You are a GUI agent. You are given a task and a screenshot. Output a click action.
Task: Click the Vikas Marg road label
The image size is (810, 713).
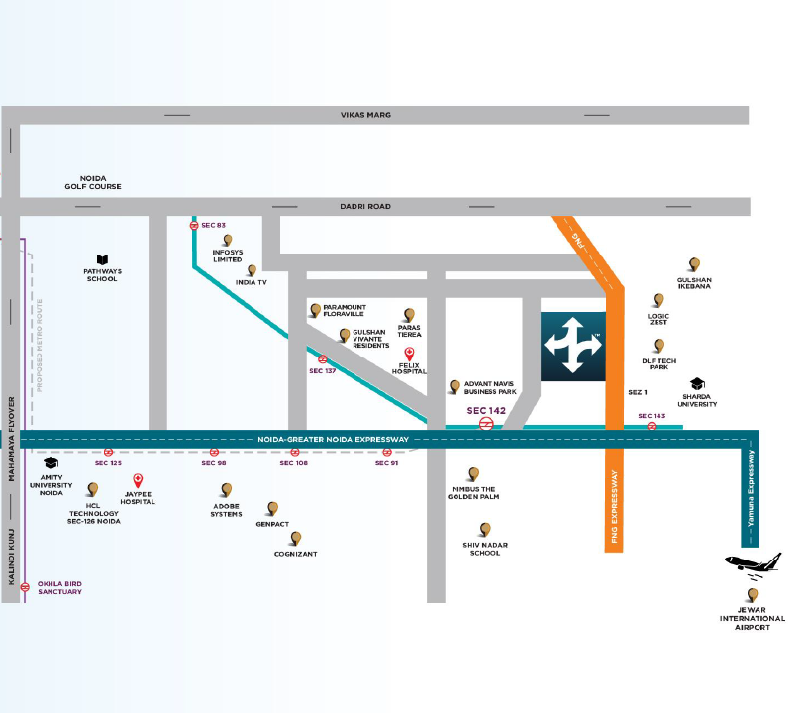tap(365, 115)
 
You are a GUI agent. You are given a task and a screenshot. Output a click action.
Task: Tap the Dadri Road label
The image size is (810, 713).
tap(365, 206)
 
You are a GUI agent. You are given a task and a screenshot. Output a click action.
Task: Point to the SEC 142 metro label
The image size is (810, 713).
tap(488, 410)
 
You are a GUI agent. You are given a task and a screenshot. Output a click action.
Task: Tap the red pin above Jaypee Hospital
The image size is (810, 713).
tap(139, 481)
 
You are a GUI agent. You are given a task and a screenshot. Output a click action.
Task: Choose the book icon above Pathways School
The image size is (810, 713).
tap(101, 258)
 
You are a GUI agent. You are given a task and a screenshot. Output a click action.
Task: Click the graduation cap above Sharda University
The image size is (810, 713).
tap(697, 383)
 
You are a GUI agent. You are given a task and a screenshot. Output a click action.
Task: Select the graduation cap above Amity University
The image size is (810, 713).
tap(51, 463)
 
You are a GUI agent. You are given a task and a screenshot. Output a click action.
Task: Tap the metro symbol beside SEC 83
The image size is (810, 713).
tap(194, 225)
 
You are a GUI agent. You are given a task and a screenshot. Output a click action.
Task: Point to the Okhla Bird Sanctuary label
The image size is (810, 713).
tap(59, 587)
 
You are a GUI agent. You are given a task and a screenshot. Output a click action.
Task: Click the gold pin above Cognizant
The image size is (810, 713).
tap(295, 538)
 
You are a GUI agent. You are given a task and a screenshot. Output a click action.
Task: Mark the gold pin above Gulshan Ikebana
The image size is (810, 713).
tap(694, 264)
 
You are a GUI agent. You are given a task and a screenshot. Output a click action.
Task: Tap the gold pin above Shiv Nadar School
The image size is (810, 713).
tap(485, 530)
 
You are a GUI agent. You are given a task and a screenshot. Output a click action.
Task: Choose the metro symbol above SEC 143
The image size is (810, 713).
tap(652, 426)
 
